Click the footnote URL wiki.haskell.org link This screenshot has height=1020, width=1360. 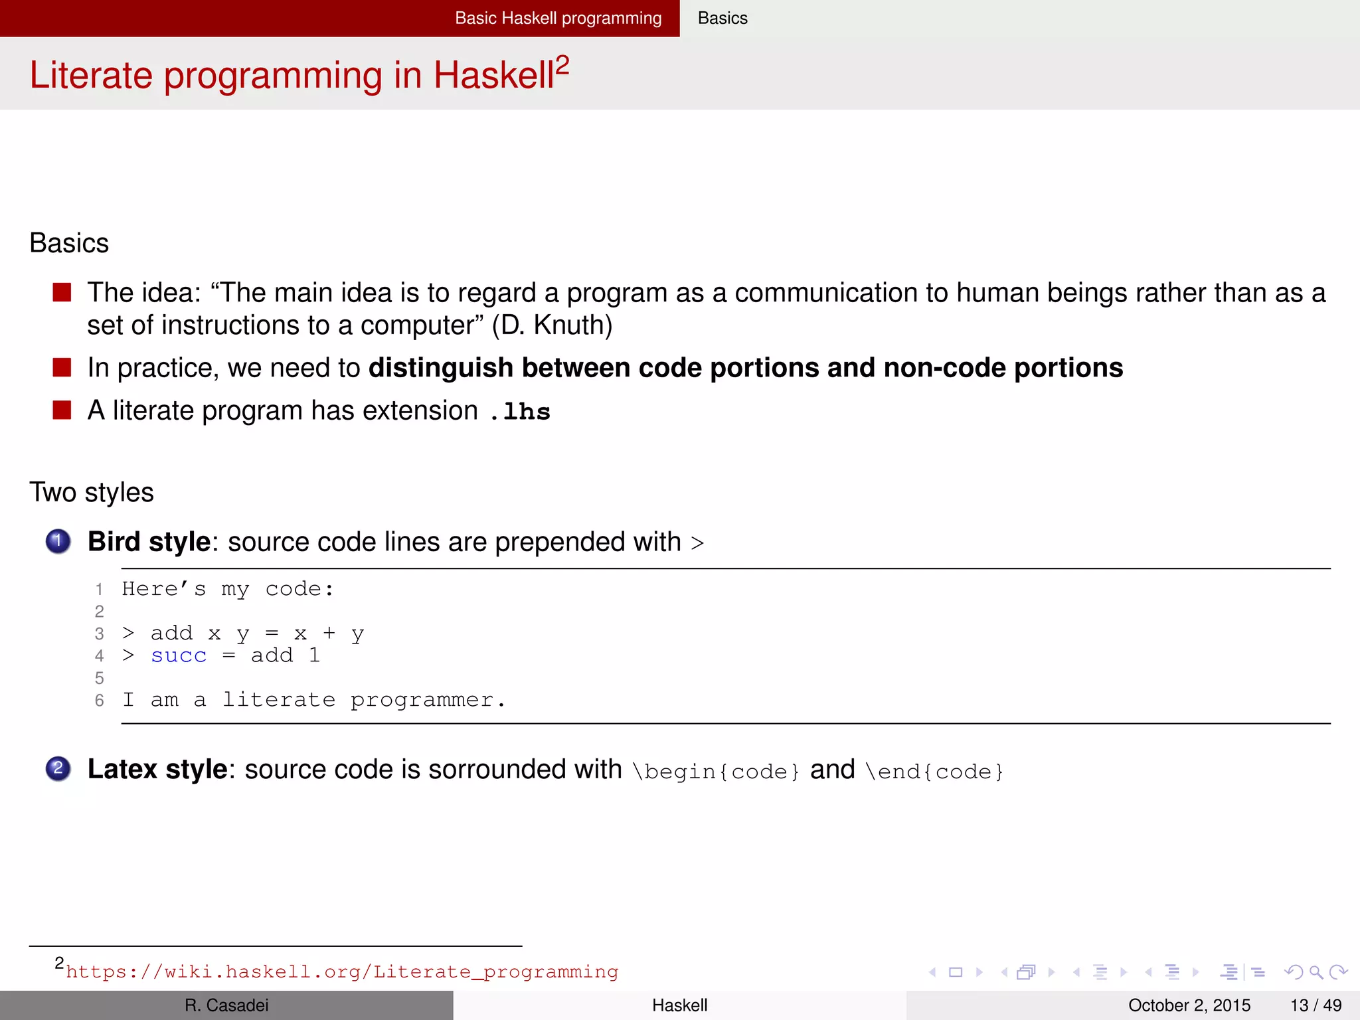pos(342,972)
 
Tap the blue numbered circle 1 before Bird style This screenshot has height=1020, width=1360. pos(58,541)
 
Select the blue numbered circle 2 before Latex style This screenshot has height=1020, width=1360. pos(58,769)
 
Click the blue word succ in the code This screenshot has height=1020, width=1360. pos(179,656)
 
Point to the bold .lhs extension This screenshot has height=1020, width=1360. pos(520,412)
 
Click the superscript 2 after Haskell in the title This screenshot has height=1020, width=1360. pos(562,65)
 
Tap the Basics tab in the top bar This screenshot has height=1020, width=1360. pos(722,18)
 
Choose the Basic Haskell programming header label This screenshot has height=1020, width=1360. pos(558,18)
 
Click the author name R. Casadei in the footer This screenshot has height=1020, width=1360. pos(226,1005)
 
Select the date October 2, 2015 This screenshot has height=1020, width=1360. pos(1189,1005)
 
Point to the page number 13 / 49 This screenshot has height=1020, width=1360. pos(1316,1005)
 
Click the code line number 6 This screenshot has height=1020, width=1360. pos(100,701)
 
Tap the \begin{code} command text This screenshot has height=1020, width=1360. pos(716,771)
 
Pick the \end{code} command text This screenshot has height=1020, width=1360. pos(934,771)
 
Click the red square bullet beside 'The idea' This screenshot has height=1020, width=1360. pos(62,292)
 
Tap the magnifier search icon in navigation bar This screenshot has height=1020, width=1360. pos(1316,972)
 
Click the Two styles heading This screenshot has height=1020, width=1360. pos(92,493)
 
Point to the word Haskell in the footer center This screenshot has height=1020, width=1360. pos(679,1005)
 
